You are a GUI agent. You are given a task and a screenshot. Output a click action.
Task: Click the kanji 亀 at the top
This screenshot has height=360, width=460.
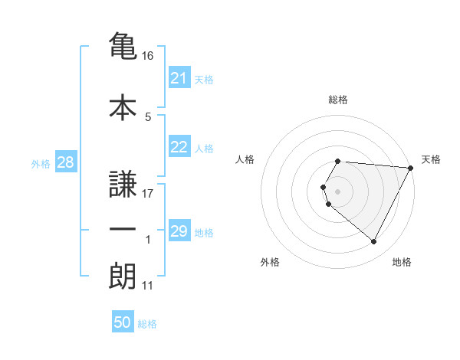123,46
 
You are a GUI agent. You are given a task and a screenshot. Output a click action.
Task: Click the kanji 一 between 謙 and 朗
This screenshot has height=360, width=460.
123,230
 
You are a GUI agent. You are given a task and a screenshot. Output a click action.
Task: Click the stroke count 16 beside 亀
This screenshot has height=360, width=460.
149,56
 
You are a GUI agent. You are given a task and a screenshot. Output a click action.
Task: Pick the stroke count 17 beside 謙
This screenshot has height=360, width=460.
149,193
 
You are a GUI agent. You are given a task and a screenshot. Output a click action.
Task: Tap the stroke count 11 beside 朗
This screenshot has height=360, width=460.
149,286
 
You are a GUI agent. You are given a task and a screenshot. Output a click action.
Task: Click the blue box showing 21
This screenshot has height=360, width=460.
179,78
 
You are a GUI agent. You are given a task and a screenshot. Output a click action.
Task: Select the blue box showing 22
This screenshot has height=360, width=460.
179,148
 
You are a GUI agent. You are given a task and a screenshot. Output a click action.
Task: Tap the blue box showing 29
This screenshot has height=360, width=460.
179,231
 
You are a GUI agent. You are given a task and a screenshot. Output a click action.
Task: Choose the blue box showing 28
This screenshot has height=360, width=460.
64,162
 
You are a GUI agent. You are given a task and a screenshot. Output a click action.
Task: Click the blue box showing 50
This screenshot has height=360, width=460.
123,322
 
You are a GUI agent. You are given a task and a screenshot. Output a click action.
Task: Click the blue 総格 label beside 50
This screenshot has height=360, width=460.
147,324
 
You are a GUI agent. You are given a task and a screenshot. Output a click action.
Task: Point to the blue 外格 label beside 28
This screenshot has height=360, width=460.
41,164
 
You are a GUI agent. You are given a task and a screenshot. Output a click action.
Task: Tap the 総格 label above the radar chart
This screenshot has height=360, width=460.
338,100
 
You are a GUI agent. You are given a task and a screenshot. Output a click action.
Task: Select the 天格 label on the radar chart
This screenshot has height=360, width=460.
431,159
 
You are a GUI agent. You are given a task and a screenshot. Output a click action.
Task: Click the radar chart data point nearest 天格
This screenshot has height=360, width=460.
411,168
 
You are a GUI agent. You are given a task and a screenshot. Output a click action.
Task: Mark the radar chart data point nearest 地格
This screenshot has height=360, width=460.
374,242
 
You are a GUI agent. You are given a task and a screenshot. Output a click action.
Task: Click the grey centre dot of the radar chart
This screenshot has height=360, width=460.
338,191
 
